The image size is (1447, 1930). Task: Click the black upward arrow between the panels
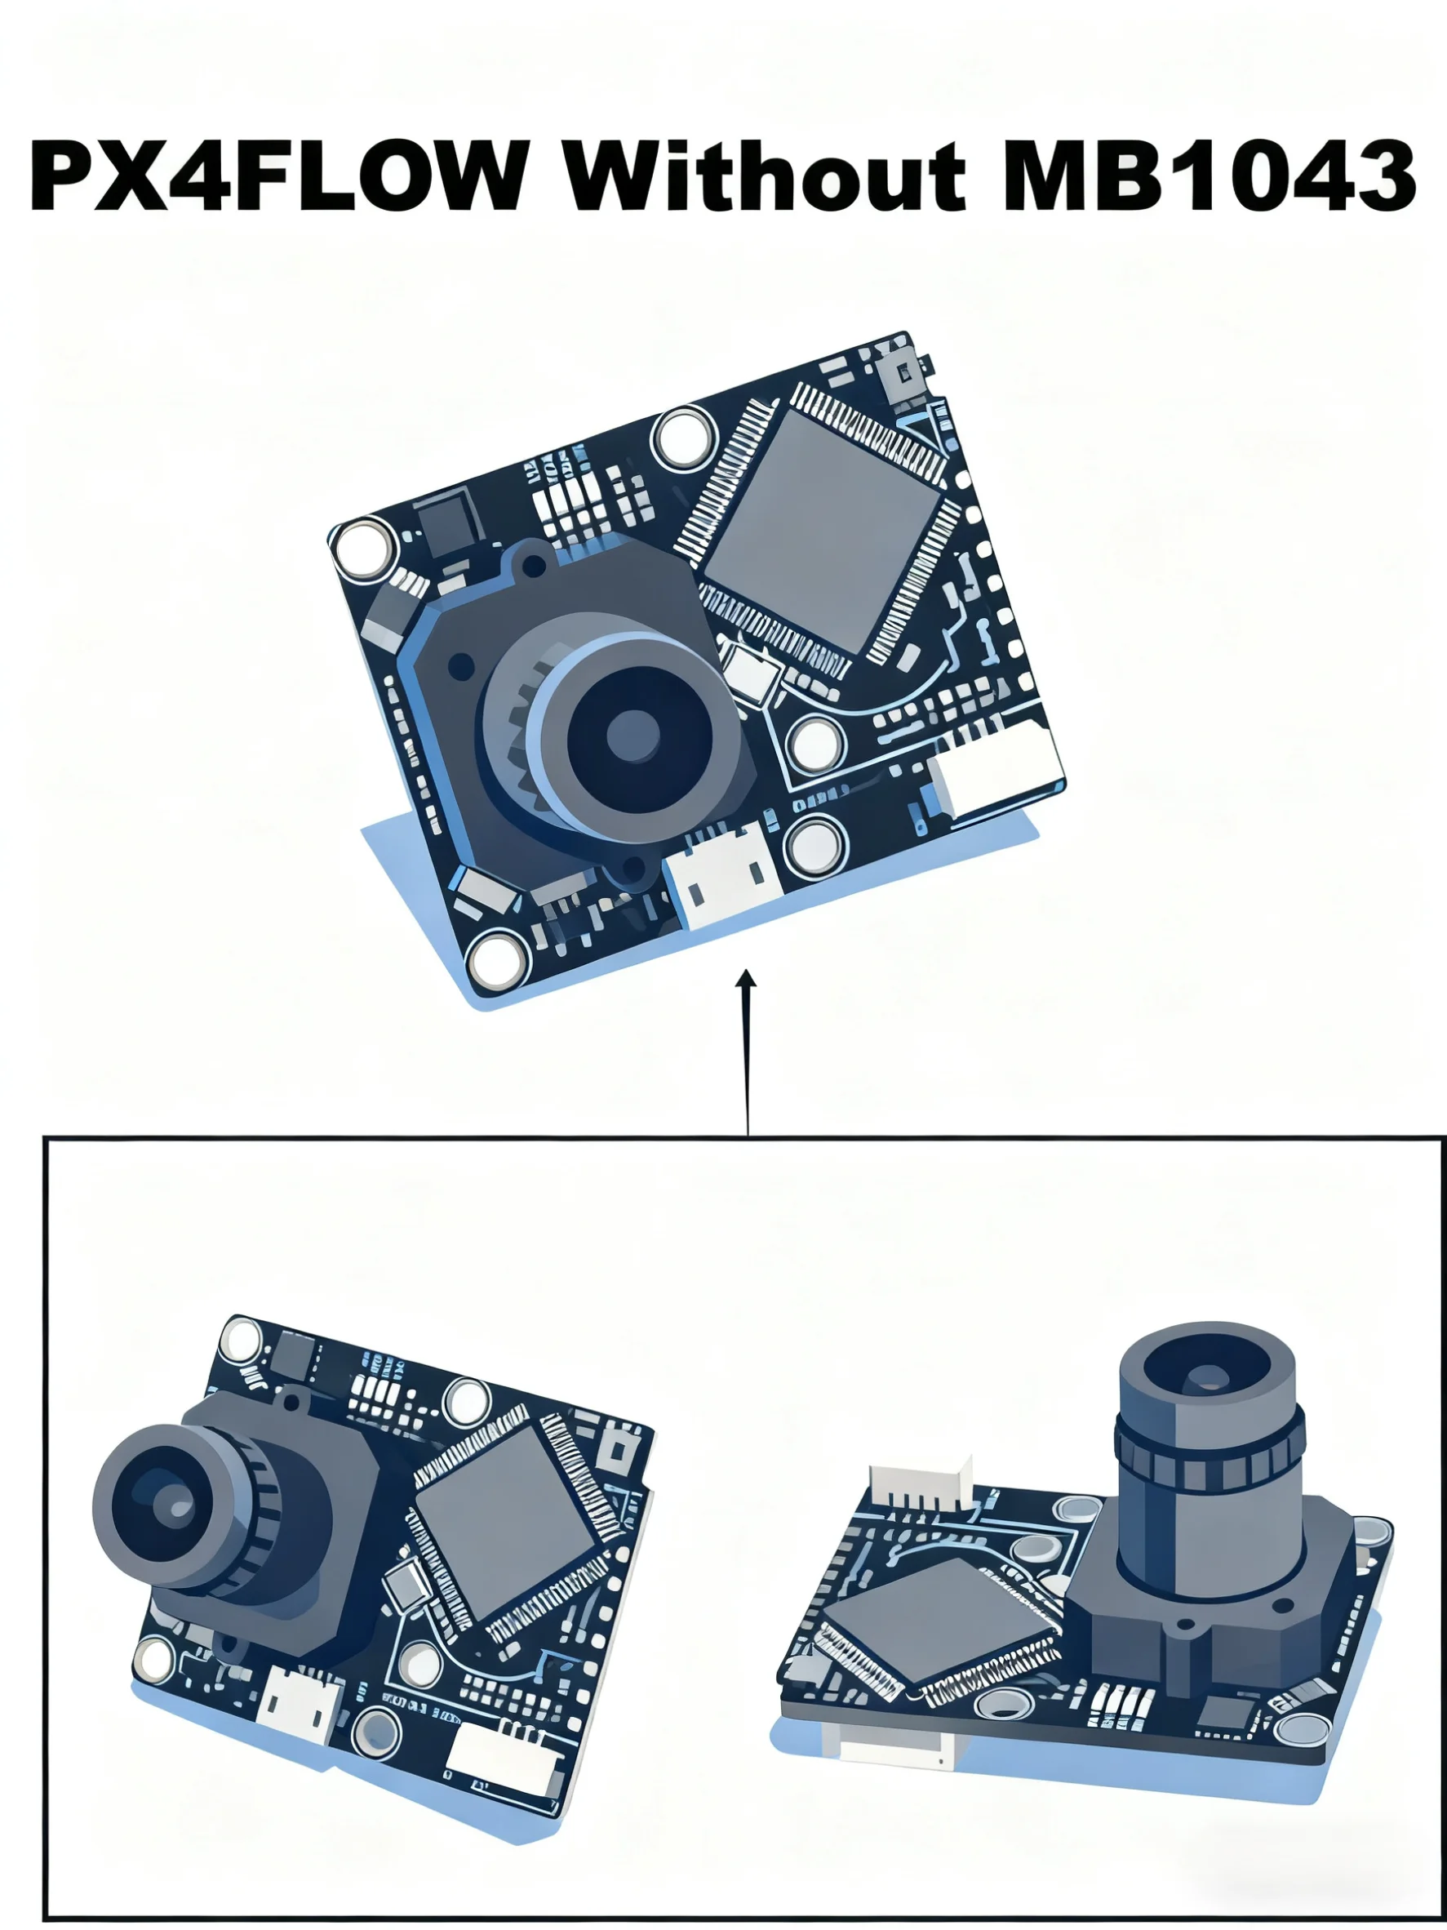[x=747, y=1047]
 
